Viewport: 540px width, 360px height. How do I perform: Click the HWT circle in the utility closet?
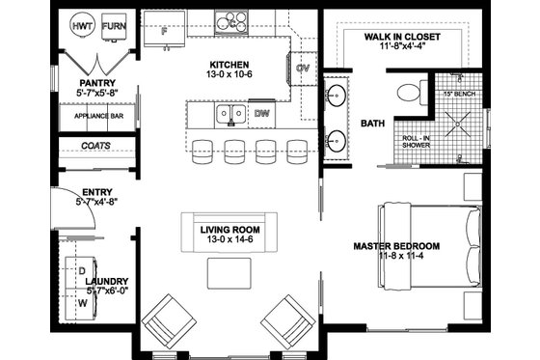83,28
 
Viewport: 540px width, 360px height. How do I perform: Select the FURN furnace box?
114,28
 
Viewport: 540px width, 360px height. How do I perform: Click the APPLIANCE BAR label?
97,116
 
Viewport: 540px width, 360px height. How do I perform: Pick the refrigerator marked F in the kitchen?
164,31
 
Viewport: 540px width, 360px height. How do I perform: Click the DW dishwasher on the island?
262,114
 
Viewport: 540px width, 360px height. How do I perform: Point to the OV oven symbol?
302,69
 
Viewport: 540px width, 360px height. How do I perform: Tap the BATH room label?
373,124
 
